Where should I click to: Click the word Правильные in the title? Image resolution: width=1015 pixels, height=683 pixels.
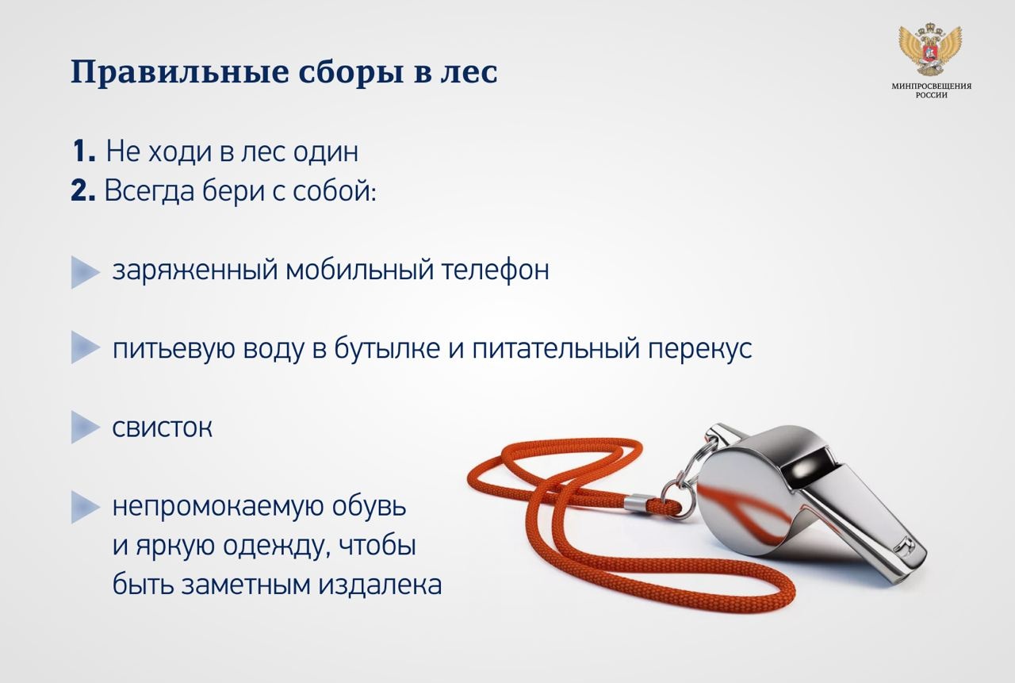tap(180, 72)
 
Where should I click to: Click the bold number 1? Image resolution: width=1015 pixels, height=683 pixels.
tap(84, 151)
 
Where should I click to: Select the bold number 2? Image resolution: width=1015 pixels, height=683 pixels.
tap(83, 190)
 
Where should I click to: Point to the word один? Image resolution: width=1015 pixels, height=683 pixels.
tap(326, 152)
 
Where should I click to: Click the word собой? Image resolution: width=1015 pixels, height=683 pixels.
tap(335, 191)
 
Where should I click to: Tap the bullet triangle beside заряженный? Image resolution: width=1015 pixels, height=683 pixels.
tap(85, 272)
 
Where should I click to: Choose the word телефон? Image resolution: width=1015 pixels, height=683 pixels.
tap(496, 271)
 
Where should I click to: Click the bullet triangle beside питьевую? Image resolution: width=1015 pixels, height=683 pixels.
tap(85, 347)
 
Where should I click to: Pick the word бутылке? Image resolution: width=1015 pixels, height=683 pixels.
tap(387, 348)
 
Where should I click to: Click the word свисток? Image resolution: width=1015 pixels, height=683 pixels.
tap(163, 428)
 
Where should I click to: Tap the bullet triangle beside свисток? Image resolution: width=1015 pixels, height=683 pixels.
tap(85, 427)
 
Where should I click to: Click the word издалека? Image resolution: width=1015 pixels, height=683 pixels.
tap(380, 584)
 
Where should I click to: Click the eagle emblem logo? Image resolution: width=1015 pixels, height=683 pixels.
tap(930, 51)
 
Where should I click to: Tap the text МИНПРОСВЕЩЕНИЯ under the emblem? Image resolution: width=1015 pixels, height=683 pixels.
tap(931, 86)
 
